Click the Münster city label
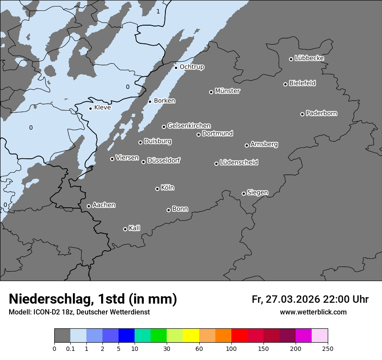click(x=227, y=91)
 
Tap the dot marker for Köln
click(x=157, y=189)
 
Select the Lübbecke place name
click(x=309, y=58)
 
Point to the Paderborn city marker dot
click(x=303, y=114)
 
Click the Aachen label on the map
click(x=104, y=205)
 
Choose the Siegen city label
click(x=257, y=193)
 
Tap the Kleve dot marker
click(x=90, y=108)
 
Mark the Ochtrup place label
click(x=191, y=67)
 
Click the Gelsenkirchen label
click(x=189, y=126)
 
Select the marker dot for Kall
click(x=125, y=229)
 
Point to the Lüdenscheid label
click(x=239, y=163)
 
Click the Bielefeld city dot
click(x=286, y=84)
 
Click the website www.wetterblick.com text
click(x=313, y=312)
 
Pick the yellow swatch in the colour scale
click(x=191, y=336)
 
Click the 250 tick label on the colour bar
click(x=328, y=348)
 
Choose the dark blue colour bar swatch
click(x=126, y=336)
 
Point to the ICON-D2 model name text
click(x=46, y=312)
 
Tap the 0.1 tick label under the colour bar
click(x=70, y=348)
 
